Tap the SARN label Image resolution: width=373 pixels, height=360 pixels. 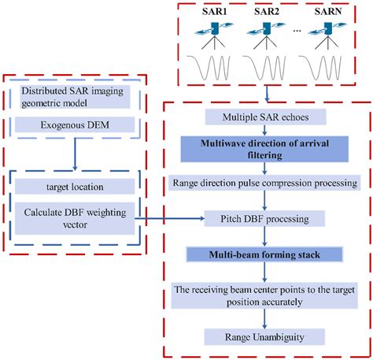coord(327,13)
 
